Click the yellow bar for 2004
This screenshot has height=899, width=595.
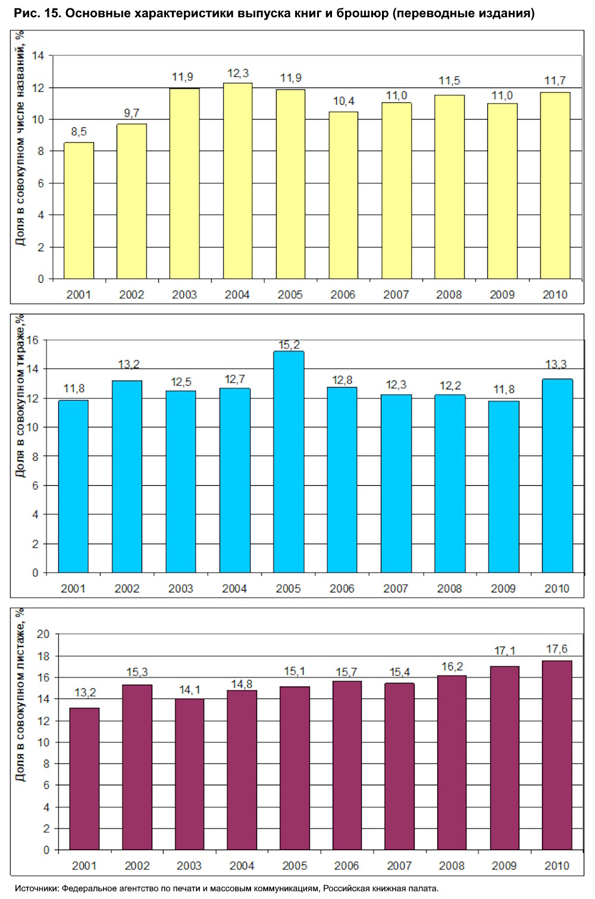coord(237,181)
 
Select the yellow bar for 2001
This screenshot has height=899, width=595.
coord(79,211)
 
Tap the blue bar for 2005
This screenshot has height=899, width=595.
coord(289,462)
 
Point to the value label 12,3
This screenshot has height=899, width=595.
coord(238,73)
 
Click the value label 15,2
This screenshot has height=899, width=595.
coord(289,345)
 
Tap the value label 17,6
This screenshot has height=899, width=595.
coord(557,649)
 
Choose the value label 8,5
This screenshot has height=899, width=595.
coord(79,132)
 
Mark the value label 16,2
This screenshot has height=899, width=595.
coord(452,667)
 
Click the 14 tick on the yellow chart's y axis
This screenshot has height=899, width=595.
coord(38,56)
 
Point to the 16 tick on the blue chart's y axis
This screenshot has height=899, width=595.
coord(32,341)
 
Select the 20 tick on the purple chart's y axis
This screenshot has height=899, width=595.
coord(43,634)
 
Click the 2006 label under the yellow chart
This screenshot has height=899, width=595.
coord(343,295)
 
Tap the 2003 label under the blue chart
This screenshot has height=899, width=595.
coord(180,589)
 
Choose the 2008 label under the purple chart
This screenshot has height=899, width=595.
coord(452,866)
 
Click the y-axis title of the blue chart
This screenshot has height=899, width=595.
coord(20,397)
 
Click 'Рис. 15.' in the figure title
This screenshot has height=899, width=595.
coord(37,13)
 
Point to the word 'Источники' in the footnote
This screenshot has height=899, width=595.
coord(35,888)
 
